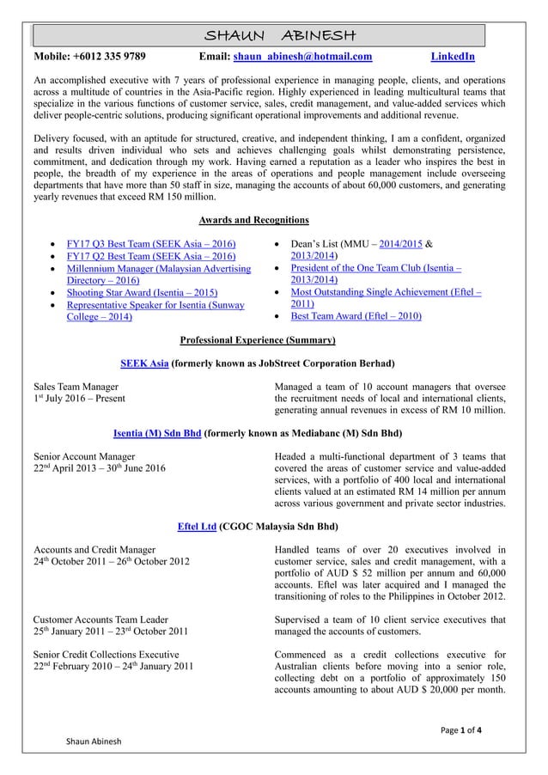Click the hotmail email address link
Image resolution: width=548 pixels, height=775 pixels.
[303, 58]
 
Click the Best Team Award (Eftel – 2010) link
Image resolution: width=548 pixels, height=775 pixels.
[356, 316]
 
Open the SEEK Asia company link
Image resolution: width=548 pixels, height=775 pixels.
[144, 363]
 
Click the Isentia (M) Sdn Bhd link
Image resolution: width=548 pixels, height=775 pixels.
[157, 432]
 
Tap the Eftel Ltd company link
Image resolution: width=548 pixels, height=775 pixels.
[196, 525]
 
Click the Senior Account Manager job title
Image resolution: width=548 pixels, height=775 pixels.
[83, 455]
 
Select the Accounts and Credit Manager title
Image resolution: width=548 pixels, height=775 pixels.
[94, 549]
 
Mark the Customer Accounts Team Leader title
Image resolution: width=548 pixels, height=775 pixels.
[100, 619]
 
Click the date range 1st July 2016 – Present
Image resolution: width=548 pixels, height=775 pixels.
[78, 399]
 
